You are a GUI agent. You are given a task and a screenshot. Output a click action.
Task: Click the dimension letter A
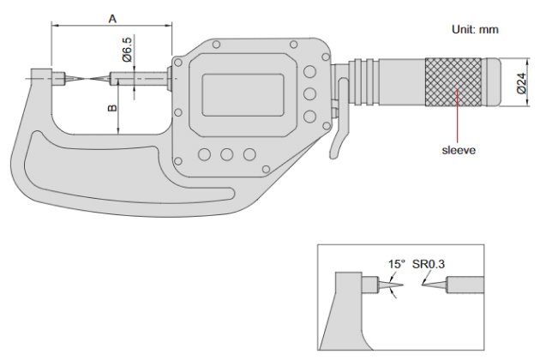[112, 17]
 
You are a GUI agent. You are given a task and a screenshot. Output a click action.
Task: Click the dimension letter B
[112, 109]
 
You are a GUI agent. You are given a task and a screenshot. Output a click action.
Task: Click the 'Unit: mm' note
[475, 29]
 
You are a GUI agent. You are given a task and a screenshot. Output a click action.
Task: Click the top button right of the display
[309, 70]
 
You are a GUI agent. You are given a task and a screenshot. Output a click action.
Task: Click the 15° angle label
[397, 265]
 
